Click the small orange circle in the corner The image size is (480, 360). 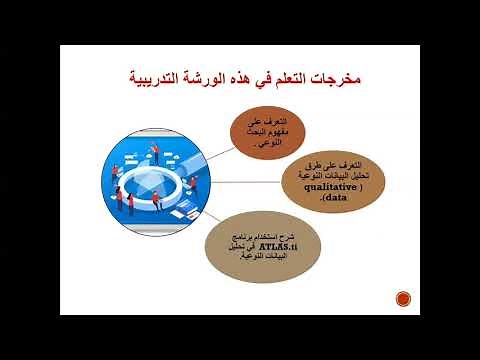403,297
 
